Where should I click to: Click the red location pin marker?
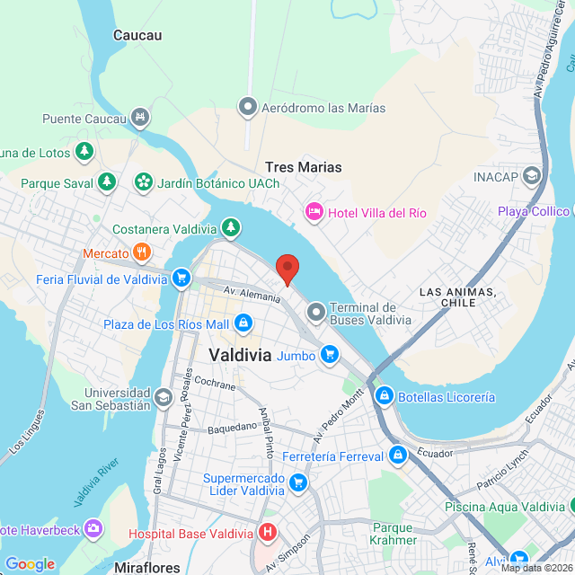[287, 267]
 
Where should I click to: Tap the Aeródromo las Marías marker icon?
[248, 108]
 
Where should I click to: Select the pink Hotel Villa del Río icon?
[314, 212]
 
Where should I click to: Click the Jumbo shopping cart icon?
[330, 355]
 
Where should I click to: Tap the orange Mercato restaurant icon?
[141, 253]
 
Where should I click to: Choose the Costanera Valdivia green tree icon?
[232, 226]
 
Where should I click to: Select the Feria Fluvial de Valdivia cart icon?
[181, 279]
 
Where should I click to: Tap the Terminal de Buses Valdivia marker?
[315, 313]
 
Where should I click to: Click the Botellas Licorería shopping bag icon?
[384, 395]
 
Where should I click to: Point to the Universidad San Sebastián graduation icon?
[163, 397]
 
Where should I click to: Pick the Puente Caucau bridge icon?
[139, 118]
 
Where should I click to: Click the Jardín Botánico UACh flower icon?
[143, 182]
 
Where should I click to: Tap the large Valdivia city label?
[240, 354]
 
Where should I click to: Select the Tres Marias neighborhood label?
[304, 167]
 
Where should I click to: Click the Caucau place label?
[137, 35]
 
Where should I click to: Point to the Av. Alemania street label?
[253, 296]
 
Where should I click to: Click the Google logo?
[30, 563]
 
